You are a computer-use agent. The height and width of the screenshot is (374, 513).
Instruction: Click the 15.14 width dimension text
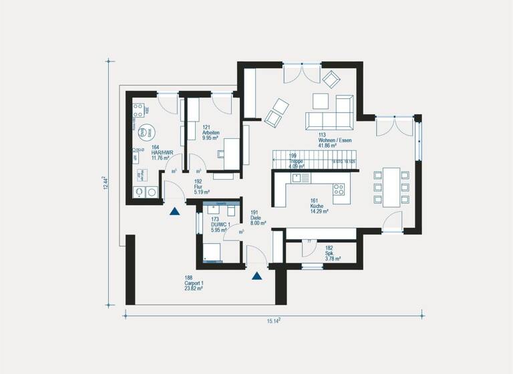click(x=274, y=321)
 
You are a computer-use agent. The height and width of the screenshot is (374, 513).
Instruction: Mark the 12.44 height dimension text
click(x=105, y=184)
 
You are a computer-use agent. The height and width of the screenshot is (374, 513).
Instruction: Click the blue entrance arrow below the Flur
click(x=175, y=212)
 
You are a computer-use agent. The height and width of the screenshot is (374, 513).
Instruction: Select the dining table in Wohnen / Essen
click(x=391, y=186)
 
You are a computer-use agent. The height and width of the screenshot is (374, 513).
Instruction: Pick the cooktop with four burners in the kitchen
click(x=338, y=188)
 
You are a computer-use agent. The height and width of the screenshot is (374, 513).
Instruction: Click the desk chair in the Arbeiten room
click(x=221, y=154)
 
